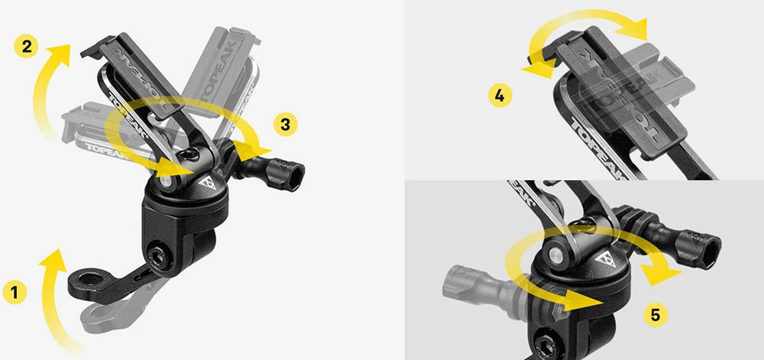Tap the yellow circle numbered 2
(x=26, y=46)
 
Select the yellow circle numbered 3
(x=284, y=124)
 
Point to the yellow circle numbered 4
(x=499, y=96)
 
